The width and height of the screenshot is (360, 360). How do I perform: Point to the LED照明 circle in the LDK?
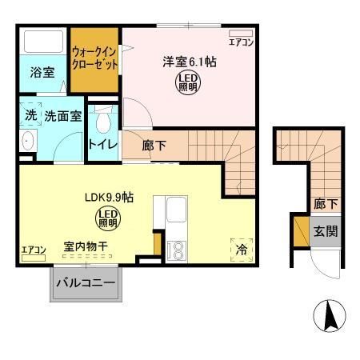[106, 216]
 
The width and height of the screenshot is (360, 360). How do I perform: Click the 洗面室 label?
[62, 116]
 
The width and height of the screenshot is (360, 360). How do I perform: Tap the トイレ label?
[103, 145]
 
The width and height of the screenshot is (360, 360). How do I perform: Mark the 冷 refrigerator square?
[241, 248]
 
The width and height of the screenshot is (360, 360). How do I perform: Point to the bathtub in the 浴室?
[42, 42]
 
